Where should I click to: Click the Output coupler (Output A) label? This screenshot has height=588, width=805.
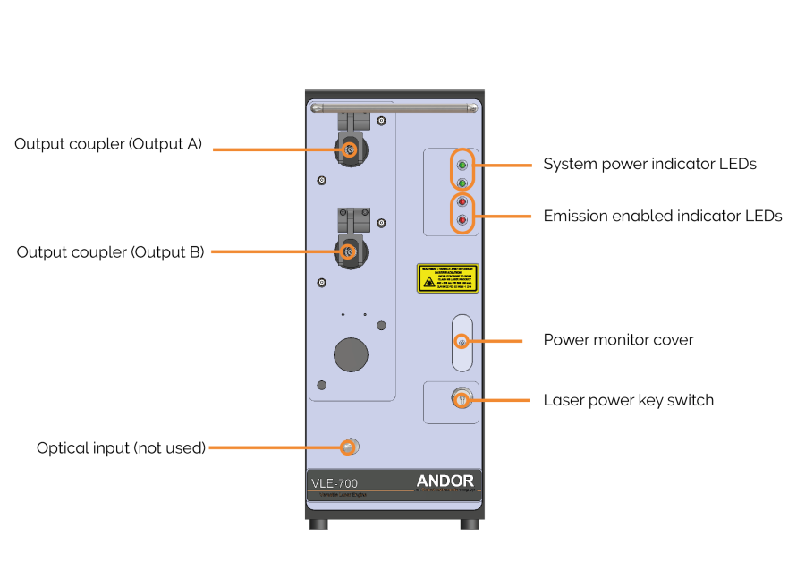pyautogui.click(x=108, y=144)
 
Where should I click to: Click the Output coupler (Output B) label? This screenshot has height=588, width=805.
pyautogui.click(x=110, y=252)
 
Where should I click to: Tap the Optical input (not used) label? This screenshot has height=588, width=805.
pyautogui.click(x=121, y=447)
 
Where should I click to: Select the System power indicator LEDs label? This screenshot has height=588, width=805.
pyautogui.click(x=649, y=165)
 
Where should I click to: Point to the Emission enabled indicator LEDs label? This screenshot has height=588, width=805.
pyautogui.click(x=663, y=216)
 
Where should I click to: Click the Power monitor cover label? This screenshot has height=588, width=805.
pyautogui.click(x=618, y=340)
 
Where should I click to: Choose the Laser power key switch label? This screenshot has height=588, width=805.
pyautogui.click(x=628, y=400)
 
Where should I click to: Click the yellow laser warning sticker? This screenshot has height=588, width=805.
pyautogui.click(x=447, y=278)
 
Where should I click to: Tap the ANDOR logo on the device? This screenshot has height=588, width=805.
pyautogui.click(x=445, y=481)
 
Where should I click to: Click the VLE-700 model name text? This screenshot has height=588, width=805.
pyautogui.click(x=335, y=484)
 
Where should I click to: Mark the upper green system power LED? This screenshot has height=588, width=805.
pyautogui.click(x=462, y=166)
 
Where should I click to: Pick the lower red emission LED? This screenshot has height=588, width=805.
pyautogui.click(x=462, y=220)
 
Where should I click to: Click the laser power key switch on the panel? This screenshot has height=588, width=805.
pyautogui.click(x=461, y=399)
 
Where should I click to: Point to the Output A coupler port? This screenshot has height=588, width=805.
pyautogui.click(x=350, y=149)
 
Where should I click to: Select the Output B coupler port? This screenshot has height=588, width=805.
pyautogui.click(x=350, y=252)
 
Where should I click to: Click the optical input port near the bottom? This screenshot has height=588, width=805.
pyautogui.click(x=349, y=446)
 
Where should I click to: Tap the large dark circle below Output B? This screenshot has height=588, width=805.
pyautogui.click(x=351, y=354)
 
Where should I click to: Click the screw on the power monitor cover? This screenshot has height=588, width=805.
pyautogui.click(x=461, y=342)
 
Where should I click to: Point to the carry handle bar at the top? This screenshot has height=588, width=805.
pyautogui.click(x=394, y=108)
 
